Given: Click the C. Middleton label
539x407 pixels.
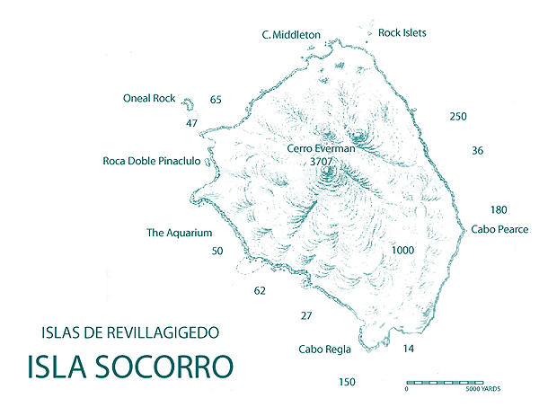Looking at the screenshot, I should click(291, 34).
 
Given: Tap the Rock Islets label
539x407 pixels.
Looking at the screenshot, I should click(402, 32).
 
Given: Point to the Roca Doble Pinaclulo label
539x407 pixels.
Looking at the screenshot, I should click(157, 162).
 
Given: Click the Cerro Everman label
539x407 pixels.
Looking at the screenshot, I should click(321, 149).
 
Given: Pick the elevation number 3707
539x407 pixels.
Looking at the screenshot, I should click(321, 163).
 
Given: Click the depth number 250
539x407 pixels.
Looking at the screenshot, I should click(458, 117).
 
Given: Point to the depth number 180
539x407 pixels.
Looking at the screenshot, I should click(499, 210).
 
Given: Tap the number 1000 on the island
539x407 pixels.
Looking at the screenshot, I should click(403, 251).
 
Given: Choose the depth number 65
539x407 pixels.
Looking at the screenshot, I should click(216, 100).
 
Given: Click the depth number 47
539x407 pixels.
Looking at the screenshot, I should click(191, 123).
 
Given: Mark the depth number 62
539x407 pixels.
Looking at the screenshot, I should click(261, 291).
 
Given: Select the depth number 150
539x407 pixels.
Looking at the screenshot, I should click(348, 383).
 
